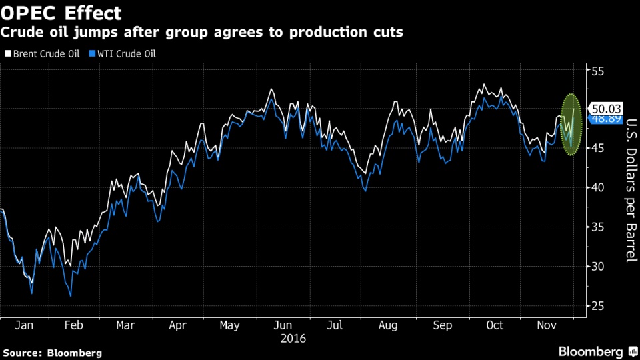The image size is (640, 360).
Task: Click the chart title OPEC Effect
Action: pos(61,13)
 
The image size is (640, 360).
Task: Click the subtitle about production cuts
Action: pos(201,32)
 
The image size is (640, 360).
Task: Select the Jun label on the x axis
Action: pos(283,326)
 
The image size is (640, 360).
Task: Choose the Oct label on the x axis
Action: pos(495,326)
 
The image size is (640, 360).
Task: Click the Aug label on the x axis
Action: pos(388,326)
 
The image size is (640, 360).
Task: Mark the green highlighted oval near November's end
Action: pos(572,125)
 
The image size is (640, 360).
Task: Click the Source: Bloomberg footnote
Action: pos(53,353)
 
